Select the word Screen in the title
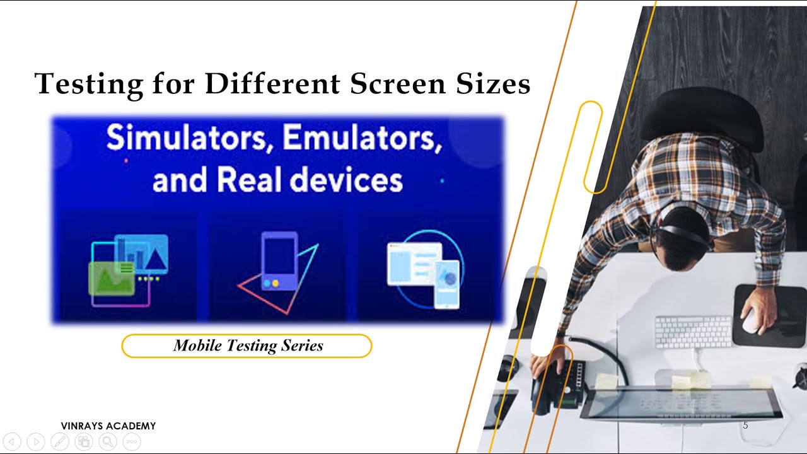pyautogui.click(x=397, y=84)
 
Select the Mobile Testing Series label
pyautogui.click(x=247, y=346)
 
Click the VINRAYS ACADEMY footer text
pyautogui.click(x=108, y=426)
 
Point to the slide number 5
pyautogui.click(x=745, y=426)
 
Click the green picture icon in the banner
pyautogui.click(x=112, y=277)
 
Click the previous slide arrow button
pyautogui.click(x=12, y=442)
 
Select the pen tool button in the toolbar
pyautogui.click(x=60, y=442)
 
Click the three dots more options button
pyautogui.click(x=132, y=442)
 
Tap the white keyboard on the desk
pyautogui.click(x=693, y=331)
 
